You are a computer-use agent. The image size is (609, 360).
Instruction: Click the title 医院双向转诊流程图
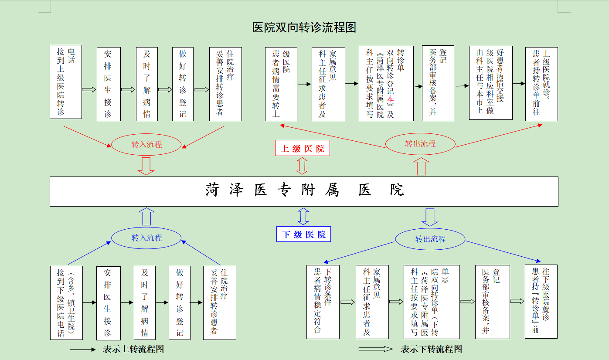tap(304, 27)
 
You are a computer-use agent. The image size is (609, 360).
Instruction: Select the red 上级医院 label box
tap(303, 148)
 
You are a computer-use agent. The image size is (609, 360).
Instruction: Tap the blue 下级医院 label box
tap(304, 234)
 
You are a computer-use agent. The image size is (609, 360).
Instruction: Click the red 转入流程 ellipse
tap(146, 145)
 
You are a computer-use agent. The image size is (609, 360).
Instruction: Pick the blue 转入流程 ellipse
tap(146, 238)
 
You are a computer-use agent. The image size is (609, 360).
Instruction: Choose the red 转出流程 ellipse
tap(420, 143)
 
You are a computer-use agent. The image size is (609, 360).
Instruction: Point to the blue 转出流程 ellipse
tap(430, 239)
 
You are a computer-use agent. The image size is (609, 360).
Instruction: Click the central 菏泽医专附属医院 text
tap(304, 191)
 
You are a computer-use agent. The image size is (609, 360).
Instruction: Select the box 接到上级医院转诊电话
tap(66, 82)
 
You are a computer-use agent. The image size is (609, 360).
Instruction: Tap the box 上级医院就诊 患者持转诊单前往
tap(541, 84)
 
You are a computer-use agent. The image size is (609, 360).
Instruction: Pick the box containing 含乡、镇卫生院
tap(66, 302)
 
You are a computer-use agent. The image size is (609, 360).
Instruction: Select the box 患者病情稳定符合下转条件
tap(323, 302)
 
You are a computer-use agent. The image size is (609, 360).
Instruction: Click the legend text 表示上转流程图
tap(133, 349)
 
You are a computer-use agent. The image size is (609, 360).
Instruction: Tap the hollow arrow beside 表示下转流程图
tap(376, 349)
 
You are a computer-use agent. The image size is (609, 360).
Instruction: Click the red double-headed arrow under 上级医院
tap(302, 166)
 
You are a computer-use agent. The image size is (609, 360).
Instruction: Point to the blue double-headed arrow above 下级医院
tap(303, 216)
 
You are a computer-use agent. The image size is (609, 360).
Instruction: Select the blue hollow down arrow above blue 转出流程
tap(430, 217)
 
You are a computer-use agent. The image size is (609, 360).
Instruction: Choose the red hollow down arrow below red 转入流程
tap(146, 166)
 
